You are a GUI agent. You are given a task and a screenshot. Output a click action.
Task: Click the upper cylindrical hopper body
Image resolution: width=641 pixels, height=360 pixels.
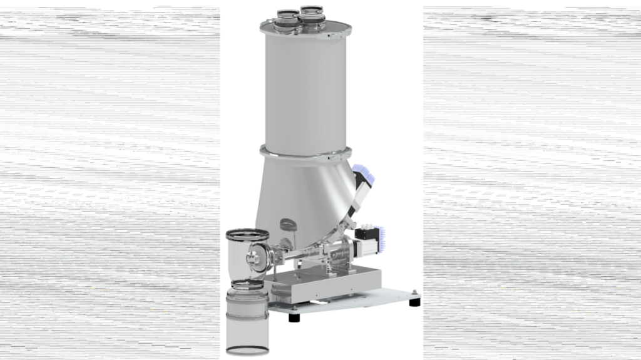click(305, 88)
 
